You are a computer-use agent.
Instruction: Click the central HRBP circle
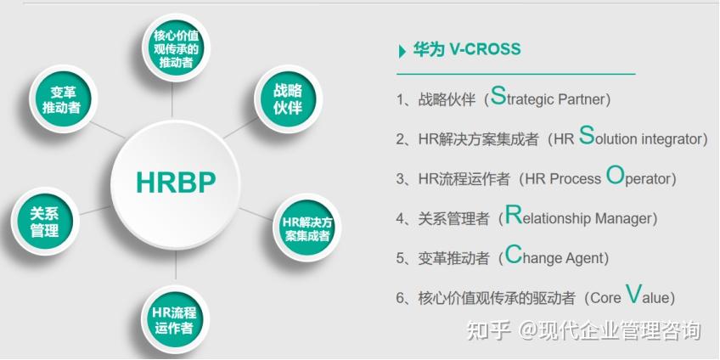click(176, 181)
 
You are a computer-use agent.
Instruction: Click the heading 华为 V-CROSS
click(466, 50)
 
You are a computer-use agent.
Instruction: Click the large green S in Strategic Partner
click(498, 95)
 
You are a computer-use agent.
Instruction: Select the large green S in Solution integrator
click(586, 136)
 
